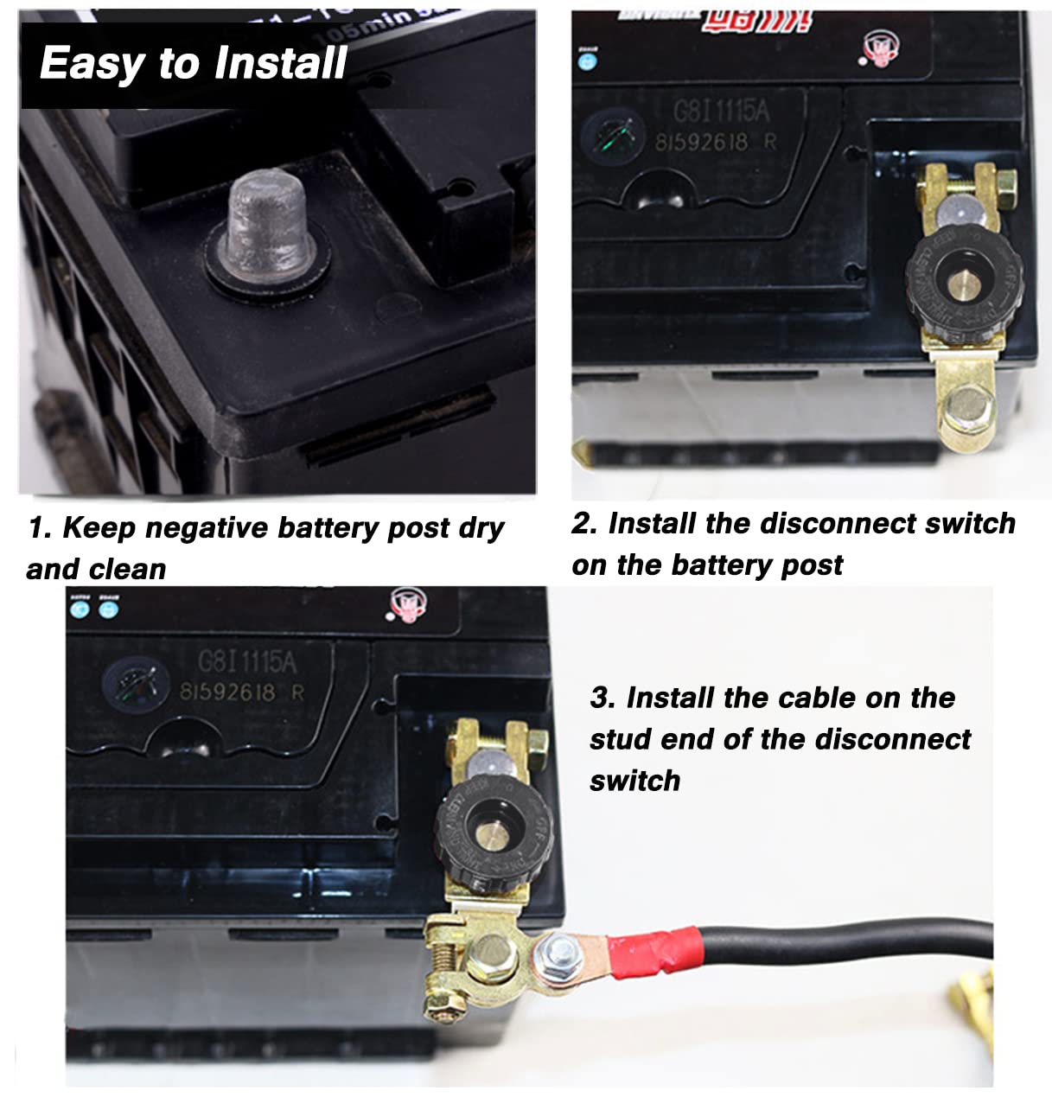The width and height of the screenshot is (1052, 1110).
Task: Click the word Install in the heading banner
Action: tap(280, 63)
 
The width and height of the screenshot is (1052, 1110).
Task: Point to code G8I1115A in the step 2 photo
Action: tap(720, 112)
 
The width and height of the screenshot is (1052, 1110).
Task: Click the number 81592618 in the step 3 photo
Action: tap(228, 692)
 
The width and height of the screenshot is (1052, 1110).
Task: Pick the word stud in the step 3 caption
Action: tap(621, 739)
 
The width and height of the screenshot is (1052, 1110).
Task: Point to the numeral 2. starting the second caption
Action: tap(583, 523)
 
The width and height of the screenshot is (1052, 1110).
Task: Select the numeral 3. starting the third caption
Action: tap(603, 698)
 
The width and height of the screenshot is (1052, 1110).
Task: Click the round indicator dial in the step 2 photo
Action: tap(613, 136)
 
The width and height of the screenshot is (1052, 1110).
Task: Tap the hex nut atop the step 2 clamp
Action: tap(1005, 184)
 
